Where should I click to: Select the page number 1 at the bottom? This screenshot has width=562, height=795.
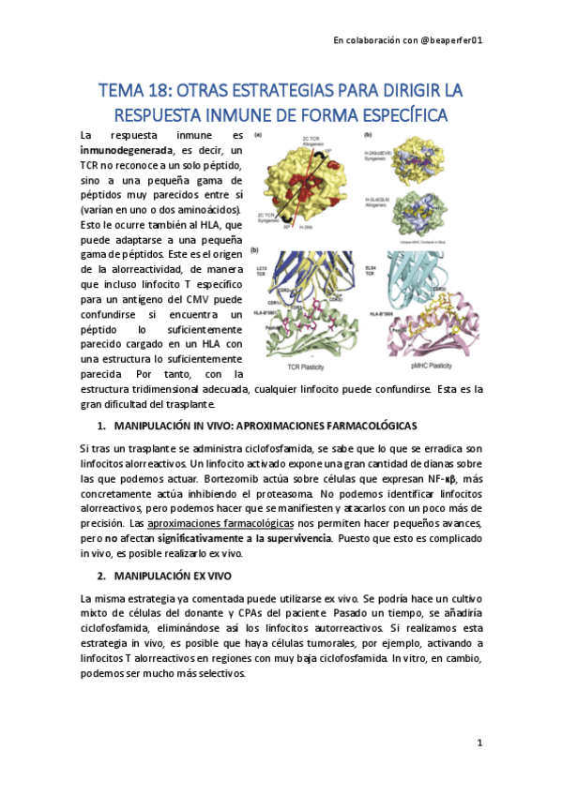pos(478,743)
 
